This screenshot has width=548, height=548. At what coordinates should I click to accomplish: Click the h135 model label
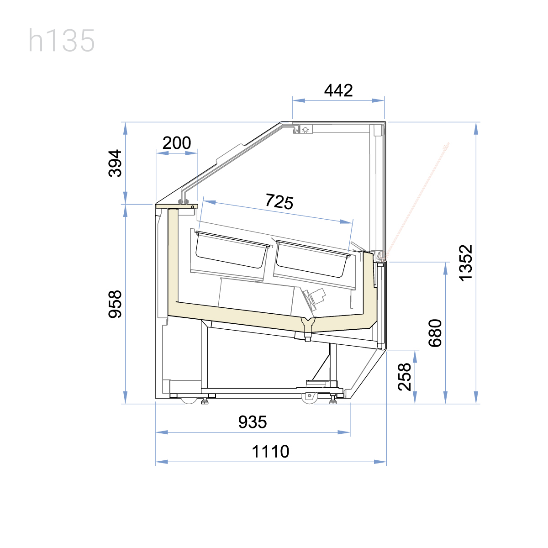point(62,40)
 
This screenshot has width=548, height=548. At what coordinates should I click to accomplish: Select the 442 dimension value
point(338,90)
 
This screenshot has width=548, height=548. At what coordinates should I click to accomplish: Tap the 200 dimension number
point(177,143)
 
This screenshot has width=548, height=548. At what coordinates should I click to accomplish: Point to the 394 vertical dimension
point(115,163)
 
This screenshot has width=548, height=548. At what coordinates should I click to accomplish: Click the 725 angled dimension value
point(279,202)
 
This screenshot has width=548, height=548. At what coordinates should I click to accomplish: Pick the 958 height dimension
point(115,304)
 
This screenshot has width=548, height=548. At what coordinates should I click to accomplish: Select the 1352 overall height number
point(466,263)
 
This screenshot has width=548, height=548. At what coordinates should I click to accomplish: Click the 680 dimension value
point(435,333)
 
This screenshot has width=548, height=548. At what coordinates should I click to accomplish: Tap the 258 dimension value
point(405,377)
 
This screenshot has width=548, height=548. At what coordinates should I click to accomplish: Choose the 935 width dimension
point(253,422)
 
